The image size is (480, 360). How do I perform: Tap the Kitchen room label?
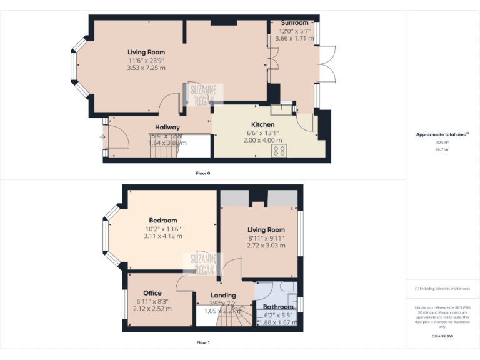tap(262, 124)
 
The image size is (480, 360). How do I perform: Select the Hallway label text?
tap(167, 127)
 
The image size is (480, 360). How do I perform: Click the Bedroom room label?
tap(162, 220)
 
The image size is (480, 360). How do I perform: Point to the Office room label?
tap(152, 292)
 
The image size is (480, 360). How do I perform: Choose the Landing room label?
tap(223, 295)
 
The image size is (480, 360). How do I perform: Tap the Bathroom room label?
tap(278, 307)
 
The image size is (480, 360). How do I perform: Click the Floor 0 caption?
tap(203, 172)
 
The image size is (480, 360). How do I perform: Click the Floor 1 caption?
tap(203, 342)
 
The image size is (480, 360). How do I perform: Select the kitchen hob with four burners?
tap(279, 150)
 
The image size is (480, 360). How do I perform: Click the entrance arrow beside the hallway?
tap(102, 137)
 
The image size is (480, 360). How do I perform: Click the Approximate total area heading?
tap(441, 134)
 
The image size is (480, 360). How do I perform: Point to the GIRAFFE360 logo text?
tap(441, 336)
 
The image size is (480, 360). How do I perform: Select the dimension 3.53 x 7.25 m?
tap(146, 67)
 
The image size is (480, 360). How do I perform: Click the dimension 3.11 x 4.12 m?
tap(162, 236)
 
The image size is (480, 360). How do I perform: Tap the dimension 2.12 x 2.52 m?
tap(152, 308)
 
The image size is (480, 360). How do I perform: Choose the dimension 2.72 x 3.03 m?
tap(266, 246)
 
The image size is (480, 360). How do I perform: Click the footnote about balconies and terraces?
tap(442, 289)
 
